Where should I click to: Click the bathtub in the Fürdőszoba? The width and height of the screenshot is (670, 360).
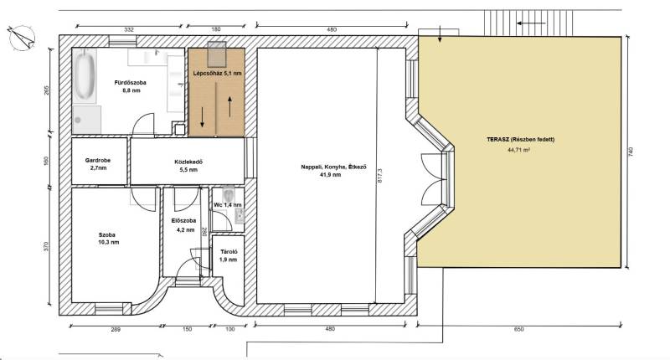pyautogui.click(x=85, y=76)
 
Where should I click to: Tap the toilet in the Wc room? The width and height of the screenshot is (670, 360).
pyautogui.click(x=229, y=195)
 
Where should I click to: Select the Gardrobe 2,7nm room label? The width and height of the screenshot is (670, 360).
pyautogui.click(x=98, y=164)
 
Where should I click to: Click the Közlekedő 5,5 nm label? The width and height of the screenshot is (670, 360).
pyautogui.click(x=188, y=166)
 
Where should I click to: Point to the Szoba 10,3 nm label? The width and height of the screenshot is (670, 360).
pyautogui.click(x=109, y=239)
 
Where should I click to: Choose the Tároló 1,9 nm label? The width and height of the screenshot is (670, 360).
pyautogui.click(x=228, y=256)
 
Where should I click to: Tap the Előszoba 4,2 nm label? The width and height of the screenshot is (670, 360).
pyautogui.click(x=183, y=225)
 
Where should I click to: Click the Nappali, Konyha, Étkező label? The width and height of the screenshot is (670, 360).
pyautogui.click(x=333, y=167)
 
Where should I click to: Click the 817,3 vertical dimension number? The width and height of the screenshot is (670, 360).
pyautogui.click(x=380, y=176)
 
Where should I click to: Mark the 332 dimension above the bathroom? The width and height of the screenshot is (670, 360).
pyautogui.click(x=129, y=29)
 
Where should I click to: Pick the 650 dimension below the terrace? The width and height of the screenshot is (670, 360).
pyautogui.click(x=518, y=329)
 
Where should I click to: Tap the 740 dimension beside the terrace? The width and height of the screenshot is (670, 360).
pyautogui.click(x=631, y=152)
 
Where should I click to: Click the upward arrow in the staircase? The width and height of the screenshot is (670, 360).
pyautogui.click(x=229, y=107)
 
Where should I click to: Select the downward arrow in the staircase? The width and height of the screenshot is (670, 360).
pyautogui.click(x=202, y=117)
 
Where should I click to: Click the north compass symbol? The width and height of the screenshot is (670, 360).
pyautogui.click(x=22, y=38)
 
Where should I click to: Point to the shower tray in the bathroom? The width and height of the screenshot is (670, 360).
pyautogui.click(x=87, y=120)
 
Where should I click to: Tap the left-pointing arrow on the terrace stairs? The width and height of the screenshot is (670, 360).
pyautogui.click(x=531, y=23)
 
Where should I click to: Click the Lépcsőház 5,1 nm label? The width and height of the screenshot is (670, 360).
pyautogui.click(x=218, y=74)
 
